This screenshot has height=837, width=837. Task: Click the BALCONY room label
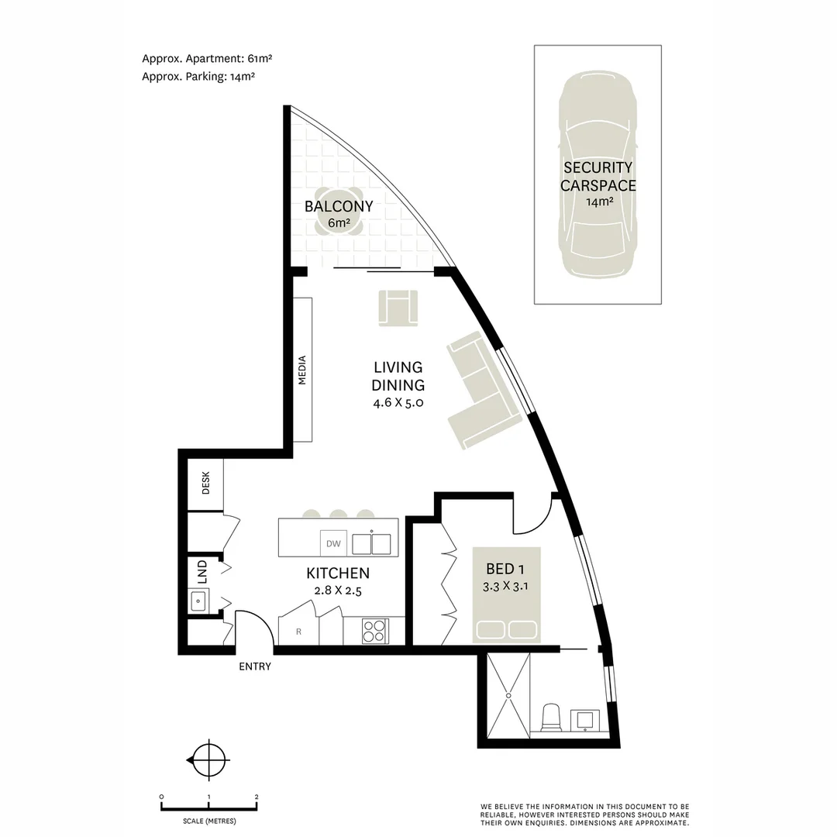(x=339, y=207)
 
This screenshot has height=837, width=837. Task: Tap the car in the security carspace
(x=598, y=174)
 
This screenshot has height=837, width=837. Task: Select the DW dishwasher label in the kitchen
(x=333, y=543)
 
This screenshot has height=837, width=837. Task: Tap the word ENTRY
(x=255, y=666)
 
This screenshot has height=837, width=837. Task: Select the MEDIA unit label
(x=302, y=370)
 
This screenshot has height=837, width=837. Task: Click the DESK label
(x=206, y=484)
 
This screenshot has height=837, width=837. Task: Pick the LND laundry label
(x=202, y=571)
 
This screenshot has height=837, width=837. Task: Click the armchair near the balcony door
(x=398, y=308)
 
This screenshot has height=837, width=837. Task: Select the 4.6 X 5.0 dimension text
(x=398, y=403)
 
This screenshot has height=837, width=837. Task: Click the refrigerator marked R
(x=299, y=631)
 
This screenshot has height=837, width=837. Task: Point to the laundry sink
(x=198, y=600)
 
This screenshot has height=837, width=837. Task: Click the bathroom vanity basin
(x=583, y=720)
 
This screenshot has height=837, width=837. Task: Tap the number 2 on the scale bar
(x=257, y=797)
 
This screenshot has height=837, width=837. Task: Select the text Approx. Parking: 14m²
(x=199, y=77)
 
